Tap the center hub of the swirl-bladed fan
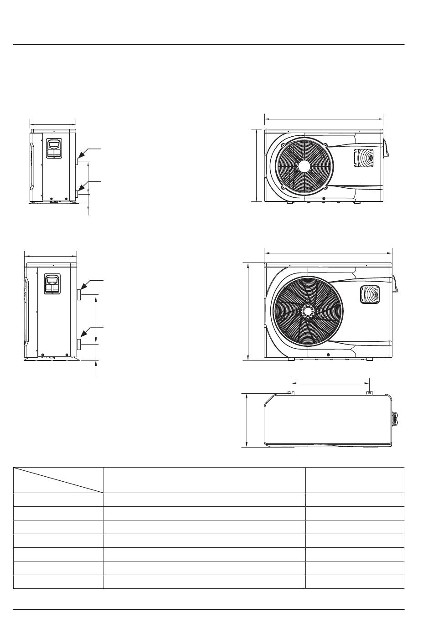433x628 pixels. coord(308,311)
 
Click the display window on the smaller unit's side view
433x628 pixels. coord(54,145)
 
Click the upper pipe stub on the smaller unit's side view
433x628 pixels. coord(78,160)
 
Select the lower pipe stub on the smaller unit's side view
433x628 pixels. coord(78,194)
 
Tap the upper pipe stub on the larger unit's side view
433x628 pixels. coord(79,294)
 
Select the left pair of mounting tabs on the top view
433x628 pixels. coord(291,392)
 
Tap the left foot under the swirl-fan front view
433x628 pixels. coord(291,359)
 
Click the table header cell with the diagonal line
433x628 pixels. coord(58,480)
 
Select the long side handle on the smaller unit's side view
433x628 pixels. coord(31,166)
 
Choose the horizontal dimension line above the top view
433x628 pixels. coord(330,383)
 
